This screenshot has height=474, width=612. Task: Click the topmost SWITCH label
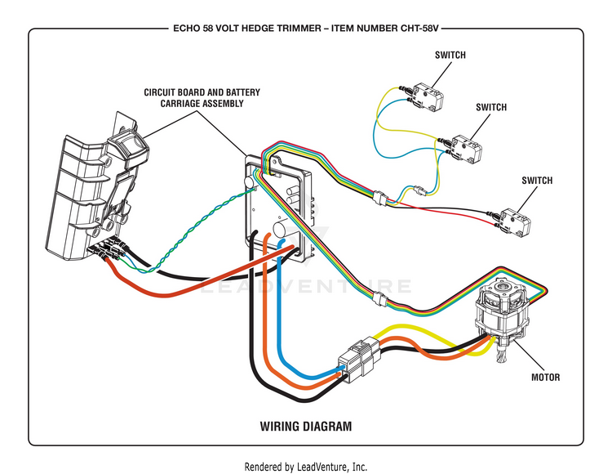click(x=450, y=55)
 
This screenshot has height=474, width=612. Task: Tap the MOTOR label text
click(x=545, y=378)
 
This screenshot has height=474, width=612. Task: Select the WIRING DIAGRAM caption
click(x=306, y=426)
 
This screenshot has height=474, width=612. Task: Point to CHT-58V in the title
click(x=419, y=29)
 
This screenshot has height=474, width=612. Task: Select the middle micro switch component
click(x=463, y=149)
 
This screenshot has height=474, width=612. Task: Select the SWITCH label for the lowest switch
click(x=537, y=181)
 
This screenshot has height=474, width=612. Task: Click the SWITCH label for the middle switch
click(x=491, y=107)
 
